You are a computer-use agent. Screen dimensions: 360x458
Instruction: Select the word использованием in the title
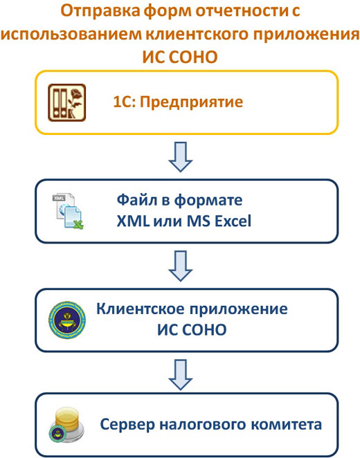71,34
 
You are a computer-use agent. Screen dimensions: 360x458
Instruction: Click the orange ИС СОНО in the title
180,57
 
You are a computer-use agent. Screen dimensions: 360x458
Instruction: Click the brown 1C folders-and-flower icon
67,102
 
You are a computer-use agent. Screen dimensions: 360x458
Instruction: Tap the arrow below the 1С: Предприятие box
180,156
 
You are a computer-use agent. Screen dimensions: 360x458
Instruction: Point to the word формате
208,201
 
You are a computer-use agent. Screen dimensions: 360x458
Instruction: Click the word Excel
233,221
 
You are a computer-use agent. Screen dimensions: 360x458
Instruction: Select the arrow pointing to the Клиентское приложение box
180,266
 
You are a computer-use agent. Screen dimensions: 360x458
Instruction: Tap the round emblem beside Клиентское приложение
67,320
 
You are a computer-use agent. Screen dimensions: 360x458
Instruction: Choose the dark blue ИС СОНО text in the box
192,330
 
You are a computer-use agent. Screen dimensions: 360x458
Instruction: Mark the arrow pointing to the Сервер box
180,375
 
